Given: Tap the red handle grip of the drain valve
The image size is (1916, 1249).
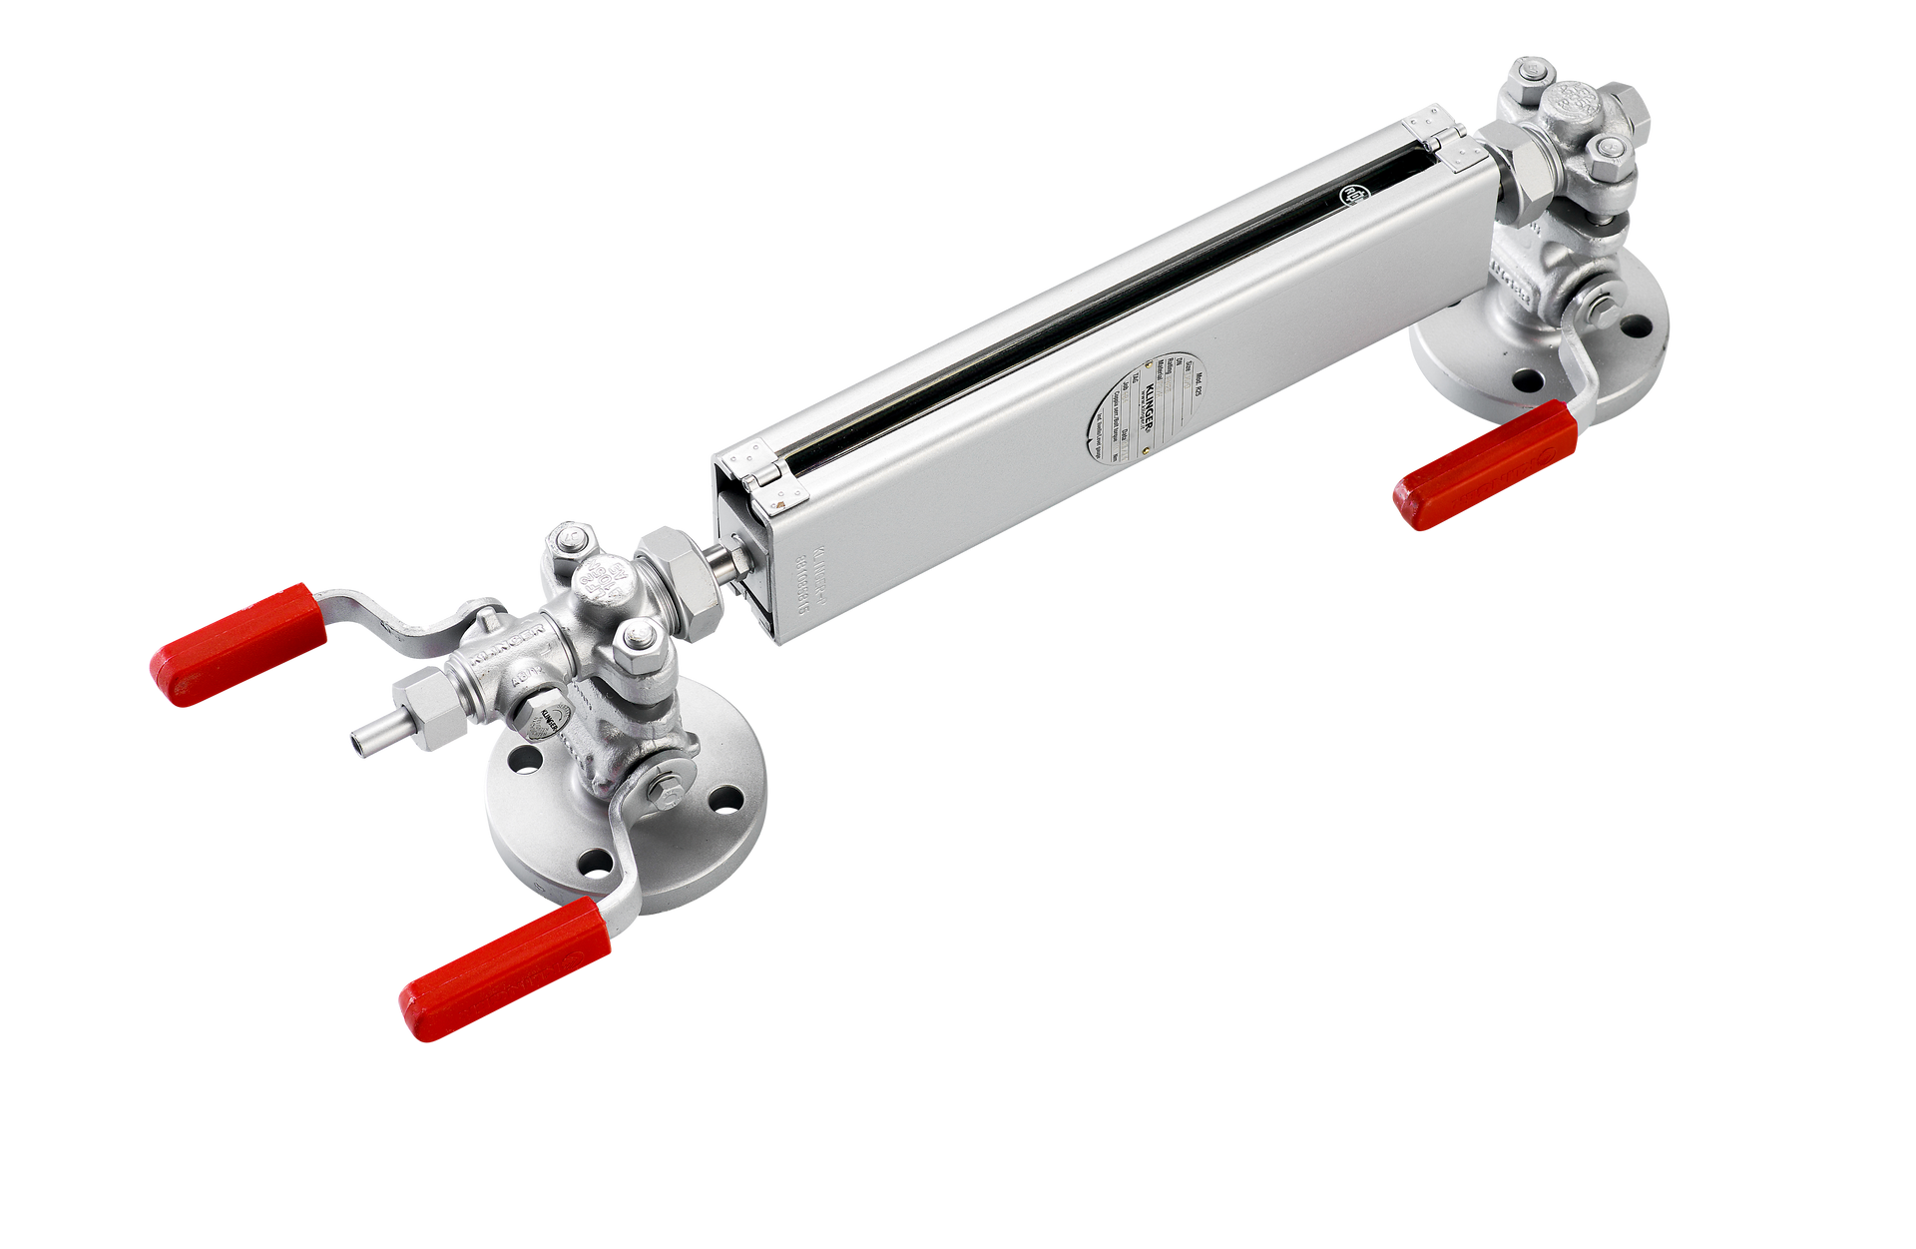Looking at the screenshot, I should point(239,644).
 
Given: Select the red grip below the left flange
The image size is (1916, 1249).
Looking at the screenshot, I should point(505,967).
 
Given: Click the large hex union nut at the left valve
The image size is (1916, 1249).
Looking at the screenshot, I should point(680,584).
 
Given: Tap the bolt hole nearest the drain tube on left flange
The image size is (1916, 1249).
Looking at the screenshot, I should point(519,760).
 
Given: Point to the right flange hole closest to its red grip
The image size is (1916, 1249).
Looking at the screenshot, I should point(1526,379).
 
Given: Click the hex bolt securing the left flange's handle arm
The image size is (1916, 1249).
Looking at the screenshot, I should point(667,795).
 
